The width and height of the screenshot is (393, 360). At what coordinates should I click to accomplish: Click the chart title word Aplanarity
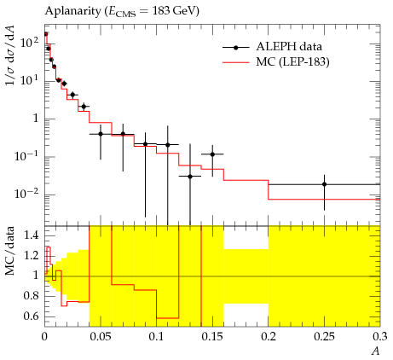pos(73,11)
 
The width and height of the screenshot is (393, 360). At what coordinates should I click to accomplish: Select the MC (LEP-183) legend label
pos(292,62)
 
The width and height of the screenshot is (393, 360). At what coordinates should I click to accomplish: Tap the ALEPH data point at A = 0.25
pos(324,184)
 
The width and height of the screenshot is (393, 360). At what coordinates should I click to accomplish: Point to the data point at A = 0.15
pos(212,154)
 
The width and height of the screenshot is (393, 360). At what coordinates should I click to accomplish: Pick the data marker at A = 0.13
pos(190,177)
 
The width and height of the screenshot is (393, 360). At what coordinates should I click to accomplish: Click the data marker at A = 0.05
pos(101,134)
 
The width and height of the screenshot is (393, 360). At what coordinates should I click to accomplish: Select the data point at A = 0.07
pos(123,134)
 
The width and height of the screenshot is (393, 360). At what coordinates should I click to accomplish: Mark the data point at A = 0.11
pos(168,145)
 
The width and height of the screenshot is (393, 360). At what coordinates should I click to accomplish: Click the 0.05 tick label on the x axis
pos(101,337)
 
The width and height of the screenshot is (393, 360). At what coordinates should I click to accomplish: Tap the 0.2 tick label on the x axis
pos(269,337)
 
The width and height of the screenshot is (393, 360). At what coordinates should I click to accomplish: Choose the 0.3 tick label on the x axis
pos(380,337)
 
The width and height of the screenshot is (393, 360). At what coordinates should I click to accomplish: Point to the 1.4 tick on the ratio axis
pos(31,235)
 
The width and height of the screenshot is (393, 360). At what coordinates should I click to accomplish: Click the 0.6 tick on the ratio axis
pos(31,316)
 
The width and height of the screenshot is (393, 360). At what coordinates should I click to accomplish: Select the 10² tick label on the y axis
pos(29,43)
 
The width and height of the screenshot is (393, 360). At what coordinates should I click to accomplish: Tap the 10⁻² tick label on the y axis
pos(27,195)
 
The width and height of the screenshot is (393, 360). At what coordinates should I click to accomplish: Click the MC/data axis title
pos(9,251)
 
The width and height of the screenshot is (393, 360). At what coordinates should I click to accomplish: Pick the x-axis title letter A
pos(376,351)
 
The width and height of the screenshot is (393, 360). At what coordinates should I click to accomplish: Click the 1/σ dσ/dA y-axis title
pos(10,55)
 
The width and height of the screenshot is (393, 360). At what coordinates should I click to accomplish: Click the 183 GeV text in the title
pos(173,11)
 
